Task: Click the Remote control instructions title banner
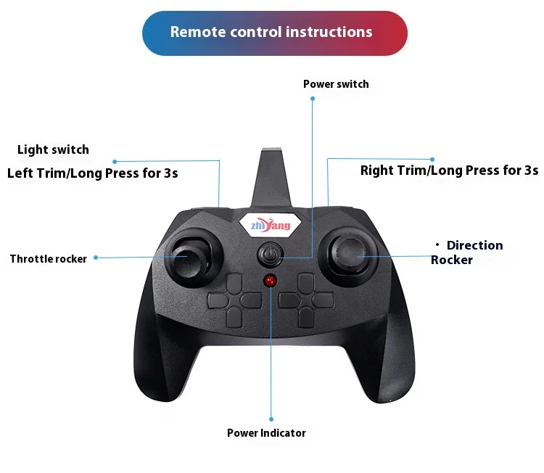274,33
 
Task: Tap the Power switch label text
336,84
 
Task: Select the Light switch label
53,149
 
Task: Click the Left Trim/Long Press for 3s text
92,173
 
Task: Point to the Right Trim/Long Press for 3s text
449,170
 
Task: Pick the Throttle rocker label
48,259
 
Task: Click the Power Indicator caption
266,433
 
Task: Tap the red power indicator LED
270,281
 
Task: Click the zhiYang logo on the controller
270,226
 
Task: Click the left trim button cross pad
234,298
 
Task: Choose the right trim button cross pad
305,298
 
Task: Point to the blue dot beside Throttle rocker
96,258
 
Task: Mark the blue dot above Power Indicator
271,419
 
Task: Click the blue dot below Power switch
313,99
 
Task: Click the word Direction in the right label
474,245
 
